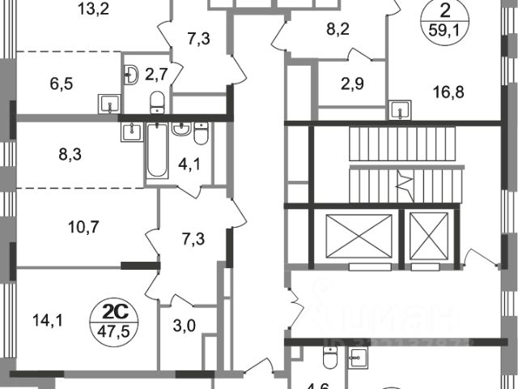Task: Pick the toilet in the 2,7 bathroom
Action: point(159,100)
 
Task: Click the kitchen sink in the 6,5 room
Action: point(107,102)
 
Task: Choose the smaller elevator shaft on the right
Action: point(429,237)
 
